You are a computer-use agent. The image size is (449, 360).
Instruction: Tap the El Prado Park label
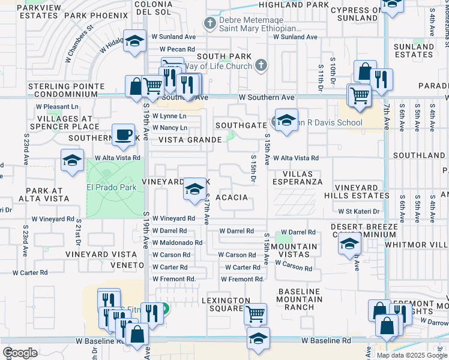[x=112, y=187]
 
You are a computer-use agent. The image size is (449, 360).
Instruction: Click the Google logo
[x=20, y=352]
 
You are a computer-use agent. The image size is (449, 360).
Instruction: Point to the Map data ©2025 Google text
[x=412, y=355]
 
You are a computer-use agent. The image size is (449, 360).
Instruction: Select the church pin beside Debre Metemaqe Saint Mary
[x=209, y=23]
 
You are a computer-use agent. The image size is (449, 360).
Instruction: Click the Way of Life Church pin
[x=261, y=65]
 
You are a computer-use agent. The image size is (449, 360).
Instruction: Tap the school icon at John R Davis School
[x=286, y=120]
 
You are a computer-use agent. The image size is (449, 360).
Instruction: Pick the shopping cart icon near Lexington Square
[x=256, y=313]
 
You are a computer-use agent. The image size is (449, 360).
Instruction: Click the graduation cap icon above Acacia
[x=194, y=189]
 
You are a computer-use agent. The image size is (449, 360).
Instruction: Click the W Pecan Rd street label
[x=177, y=49]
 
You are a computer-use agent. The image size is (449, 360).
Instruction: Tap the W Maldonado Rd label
[x=177, y=242]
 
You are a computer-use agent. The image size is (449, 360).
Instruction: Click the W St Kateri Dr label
[x=359, y=211]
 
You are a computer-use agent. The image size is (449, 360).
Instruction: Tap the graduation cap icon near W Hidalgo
[x=135, y=42]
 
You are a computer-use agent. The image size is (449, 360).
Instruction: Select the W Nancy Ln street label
[x=170, y=128]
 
